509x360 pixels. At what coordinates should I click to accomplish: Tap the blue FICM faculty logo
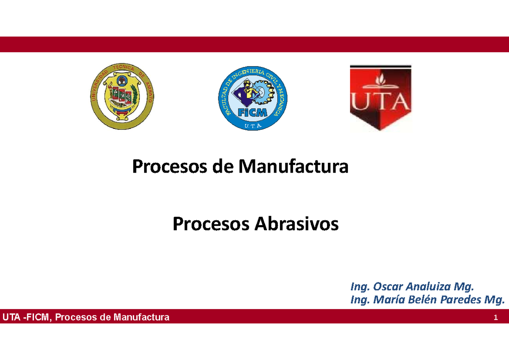coord(252,98)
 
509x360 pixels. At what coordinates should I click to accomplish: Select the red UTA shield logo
coord(380,98)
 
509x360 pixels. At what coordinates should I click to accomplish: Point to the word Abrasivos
coord(296,224)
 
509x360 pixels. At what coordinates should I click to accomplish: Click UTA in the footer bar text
coord(11,317)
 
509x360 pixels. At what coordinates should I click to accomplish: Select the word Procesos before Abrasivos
coord(210,224)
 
